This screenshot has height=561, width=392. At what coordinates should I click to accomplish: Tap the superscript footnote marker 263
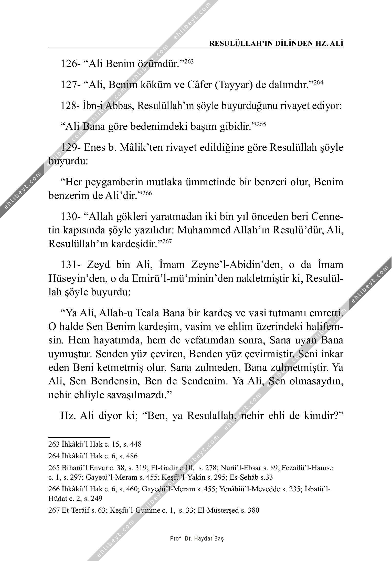point(189,61)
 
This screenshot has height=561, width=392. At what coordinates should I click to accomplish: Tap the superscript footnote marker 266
point(147,193)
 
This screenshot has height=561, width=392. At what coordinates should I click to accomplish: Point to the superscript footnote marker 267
point(165,241)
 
